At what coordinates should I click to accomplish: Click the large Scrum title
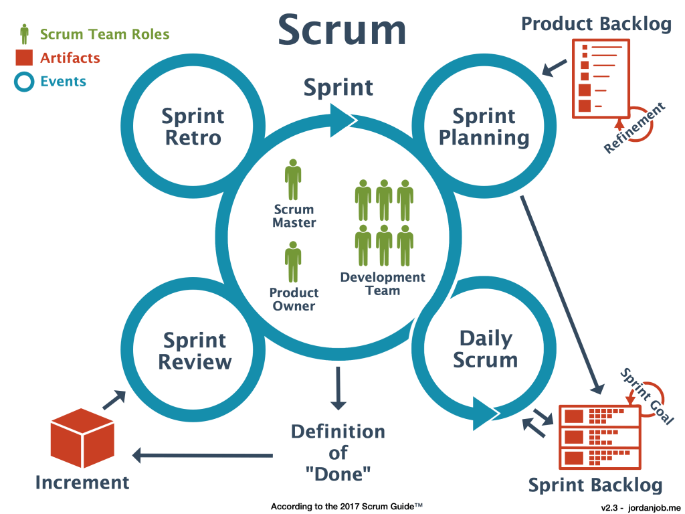342,31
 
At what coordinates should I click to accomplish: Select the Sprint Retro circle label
192,126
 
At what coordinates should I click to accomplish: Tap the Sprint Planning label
484,126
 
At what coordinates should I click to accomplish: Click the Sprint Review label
194,351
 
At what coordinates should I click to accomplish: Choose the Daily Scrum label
485,349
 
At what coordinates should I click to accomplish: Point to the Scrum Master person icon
293,179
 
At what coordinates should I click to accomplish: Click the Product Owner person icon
293,262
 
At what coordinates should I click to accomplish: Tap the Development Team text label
382,284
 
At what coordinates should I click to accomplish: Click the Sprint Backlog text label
595,485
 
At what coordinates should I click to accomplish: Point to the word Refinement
635,128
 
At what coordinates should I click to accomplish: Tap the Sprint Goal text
647,396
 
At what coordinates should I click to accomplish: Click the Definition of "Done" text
338,452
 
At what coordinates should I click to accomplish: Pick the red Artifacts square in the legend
25,58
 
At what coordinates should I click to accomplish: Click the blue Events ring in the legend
25,82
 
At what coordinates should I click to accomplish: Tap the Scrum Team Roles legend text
104,34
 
